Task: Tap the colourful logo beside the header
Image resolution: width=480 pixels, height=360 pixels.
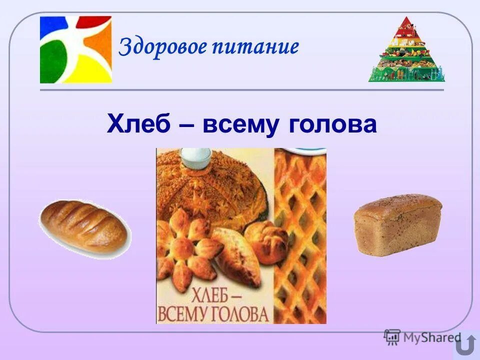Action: pyautogui.click(x=76, y=49)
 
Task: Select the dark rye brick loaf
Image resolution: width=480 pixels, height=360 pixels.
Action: pyautogui.click(x=397, y=224)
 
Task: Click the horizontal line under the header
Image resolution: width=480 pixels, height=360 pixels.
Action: pyautogui.click(x=241, y=90)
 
